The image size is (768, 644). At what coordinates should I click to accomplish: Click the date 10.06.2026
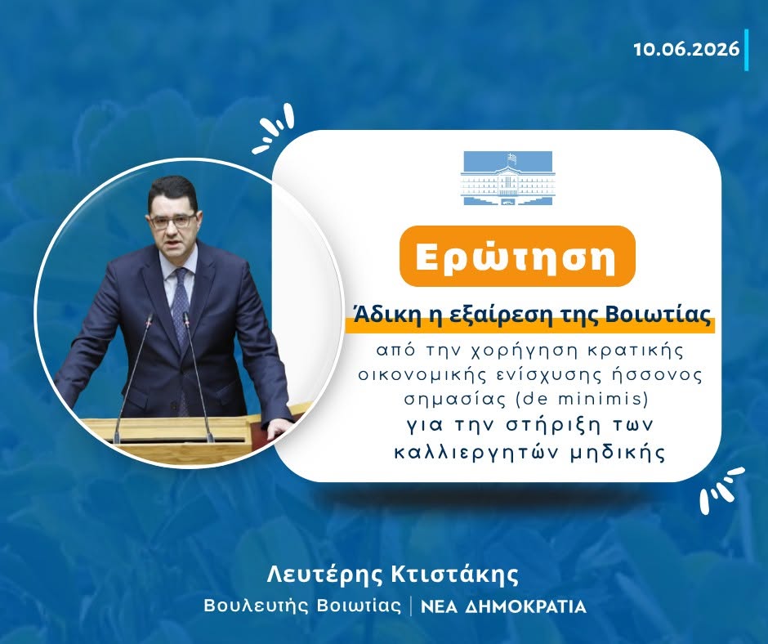(x=686, y=50)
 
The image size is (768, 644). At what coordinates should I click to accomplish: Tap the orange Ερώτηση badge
(x=517, y=257)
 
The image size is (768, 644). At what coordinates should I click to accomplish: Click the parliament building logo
(x=507, y=178)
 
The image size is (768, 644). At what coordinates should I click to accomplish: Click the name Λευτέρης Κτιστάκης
(x=392, y=575)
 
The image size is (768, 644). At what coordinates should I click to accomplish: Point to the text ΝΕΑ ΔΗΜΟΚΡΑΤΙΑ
(x=504, y=606)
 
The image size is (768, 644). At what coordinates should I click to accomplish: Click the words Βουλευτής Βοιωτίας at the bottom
(x=302, y=606)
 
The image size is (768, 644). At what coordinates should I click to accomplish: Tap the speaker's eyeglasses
(x=173, y=221)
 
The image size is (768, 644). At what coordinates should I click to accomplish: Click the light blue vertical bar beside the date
(x=747, y=50)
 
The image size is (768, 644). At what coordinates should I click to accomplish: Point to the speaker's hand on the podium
(x=279, y=429)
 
